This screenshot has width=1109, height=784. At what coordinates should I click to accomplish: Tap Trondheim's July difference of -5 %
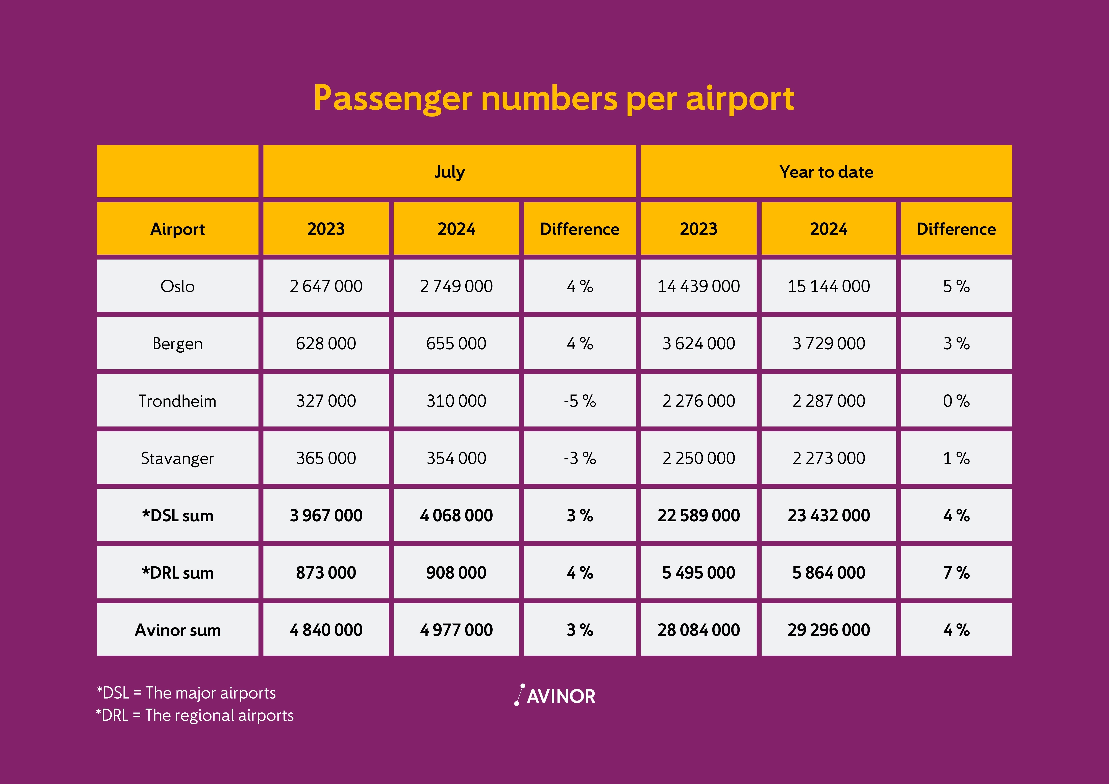click(580, 401)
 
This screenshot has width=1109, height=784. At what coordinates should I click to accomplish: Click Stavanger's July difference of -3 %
click(580, 458)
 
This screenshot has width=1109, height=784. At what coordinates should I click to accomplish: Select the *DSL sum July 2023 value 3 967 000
click(326, 515)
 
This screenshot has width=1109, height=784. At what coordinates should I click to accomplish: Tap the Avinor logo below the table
click(555, 696)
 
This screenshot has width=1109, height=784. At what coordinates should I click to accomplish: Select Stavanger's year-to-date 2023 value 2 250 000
click(698, 458)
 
